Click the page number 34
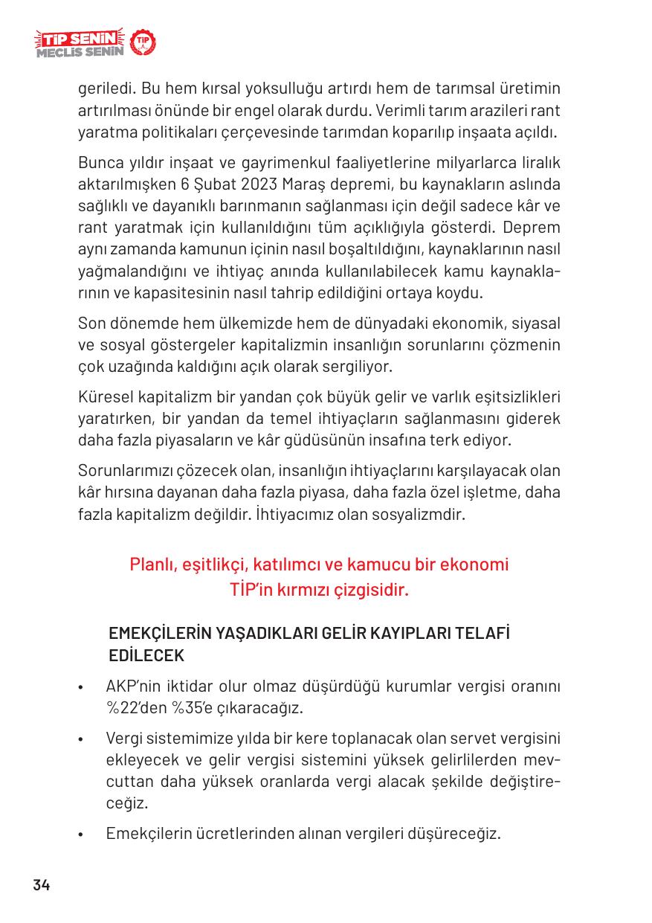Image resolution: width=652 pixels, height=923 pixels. coord(41,885)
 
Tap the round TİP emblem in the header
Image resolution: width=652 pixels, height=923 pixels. coord(143,43)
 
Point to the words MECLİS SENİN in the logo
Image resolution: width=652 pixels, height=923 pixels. coord(79,52)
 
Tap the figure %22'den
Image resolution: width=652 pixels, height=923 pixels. coord(137,707)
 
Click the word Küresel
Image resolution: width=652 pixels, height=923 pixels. coord(105,395)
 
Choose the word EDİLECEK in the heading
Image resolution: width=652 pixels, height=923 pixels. coord(146,657)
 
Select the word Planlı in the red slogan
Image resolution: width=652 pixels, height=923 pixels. coord(152,565)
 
